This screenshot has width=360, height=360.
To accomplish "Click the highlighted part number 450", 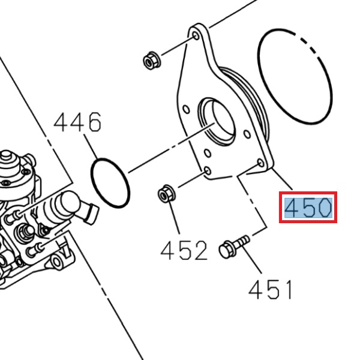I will (x=308, y=208).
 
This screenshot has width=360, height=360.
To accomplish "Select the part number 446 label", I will (x=77, y=123).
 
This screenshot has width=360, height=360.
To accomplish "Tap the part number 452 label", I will (x=184, y=250).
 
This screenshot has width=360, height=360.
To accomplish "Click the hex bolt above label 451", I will (x=232, y=247).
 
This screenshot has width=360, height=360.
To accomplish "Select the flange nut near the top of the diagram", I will (x=151, y=60).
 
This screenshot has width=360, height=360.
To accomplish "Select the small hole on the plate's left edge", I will (x=187, y=110).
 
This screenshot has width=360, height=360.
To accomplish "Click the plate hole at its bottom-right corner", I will (x=260, y=163).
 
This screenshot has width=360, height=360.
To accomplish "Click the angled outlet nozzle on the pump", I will (x=91, y=211).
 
